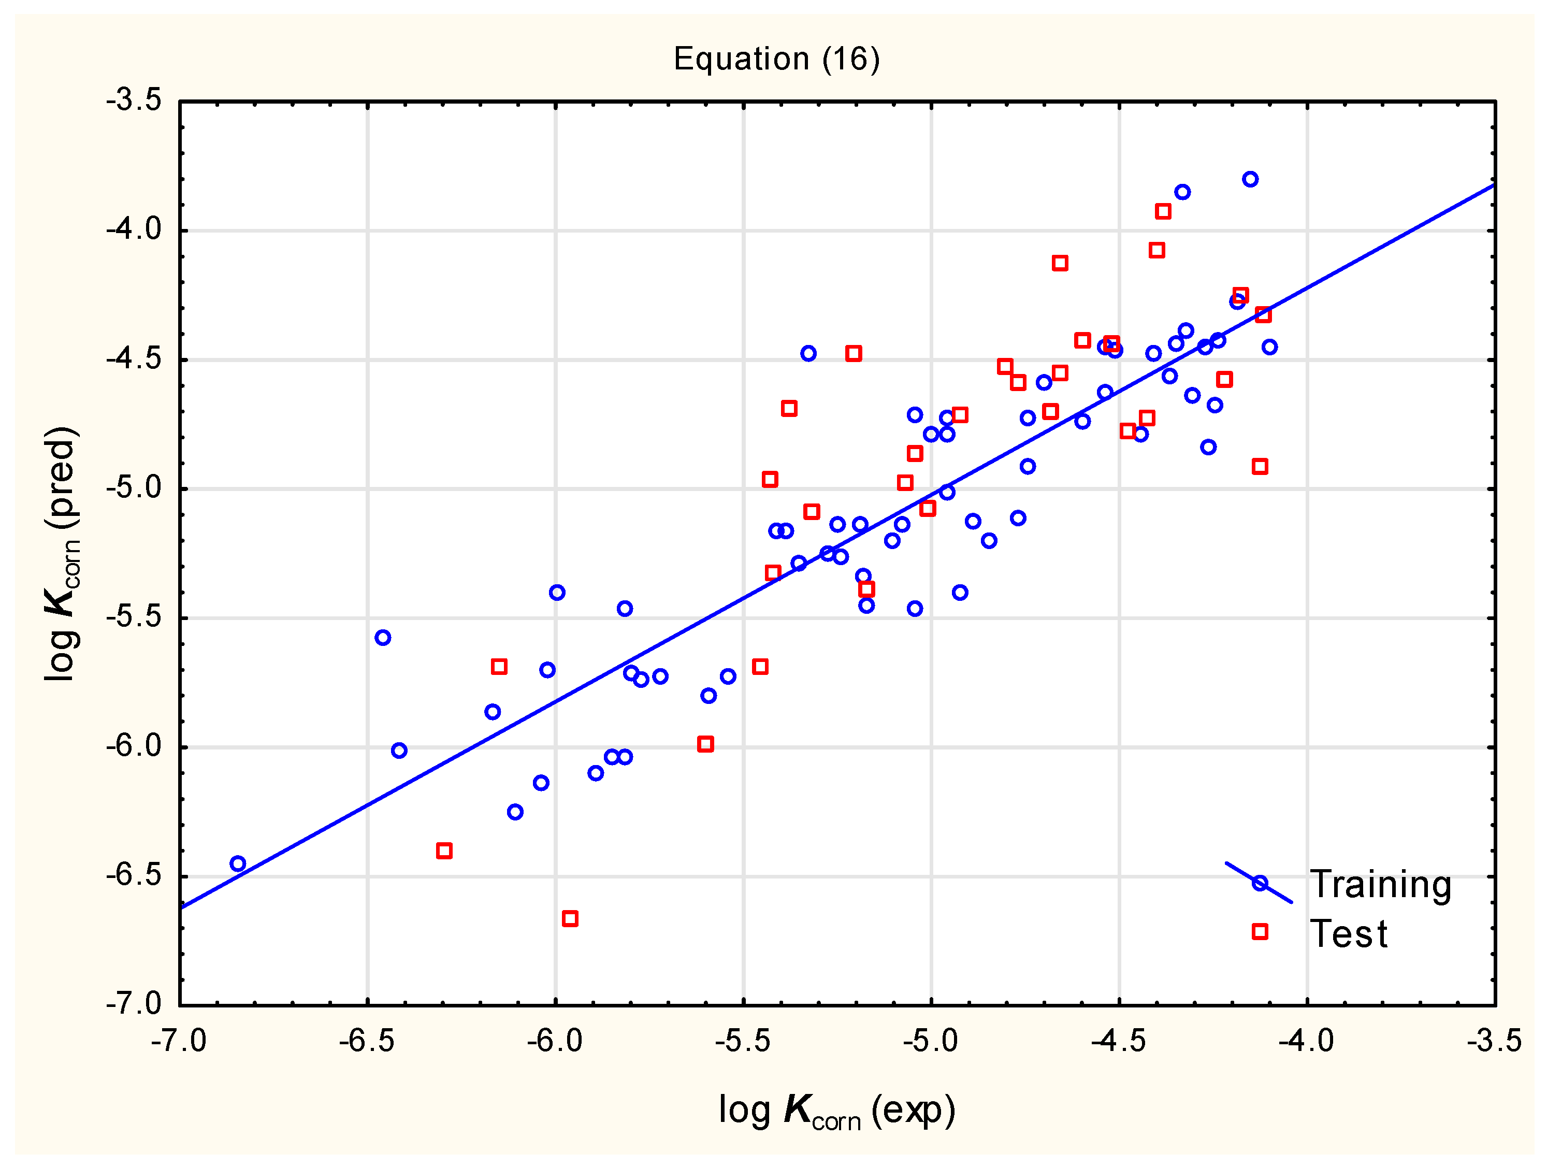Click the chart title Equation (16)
coord(776,59)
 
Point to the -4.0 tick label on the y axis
coord(134,229)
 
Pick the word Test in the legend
coord(1348,934)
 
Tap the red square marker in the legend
coord(1260,932)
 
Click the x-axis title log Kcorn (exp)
coord(836,1111)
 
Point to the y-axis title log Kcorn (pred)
coord(62,553)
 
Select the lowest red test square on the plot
coord(570,918)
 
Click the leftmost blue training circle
coord(238,864)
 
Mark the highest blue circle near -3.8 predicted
coord(1250,179)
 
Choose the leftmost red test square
coord(444,851)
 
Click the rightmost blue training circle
coord(1269,347)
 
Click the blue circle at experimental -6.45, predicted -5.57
coord(383,638)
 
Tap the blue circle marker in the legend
coord(1260,883)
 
